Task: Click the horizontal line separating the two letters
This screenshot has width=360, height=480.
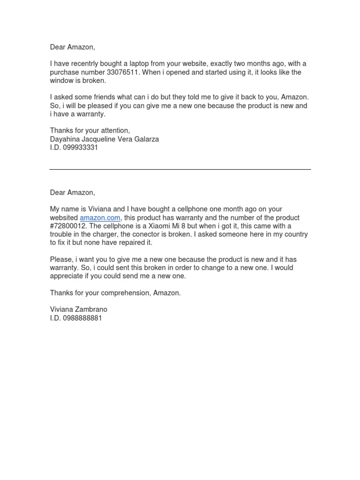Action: click(x=180, y=169)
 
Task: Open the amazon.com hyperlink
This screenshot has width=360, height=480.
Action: click(x=100, y=218)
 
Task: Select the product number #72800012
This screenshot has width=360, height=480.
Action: click(x=68, y=226)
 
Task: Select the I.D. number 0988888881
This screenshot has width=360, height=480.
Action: click(x=82, y=318)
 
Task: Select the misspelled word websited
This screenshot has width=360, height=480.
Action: click(x=64, y=218)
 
